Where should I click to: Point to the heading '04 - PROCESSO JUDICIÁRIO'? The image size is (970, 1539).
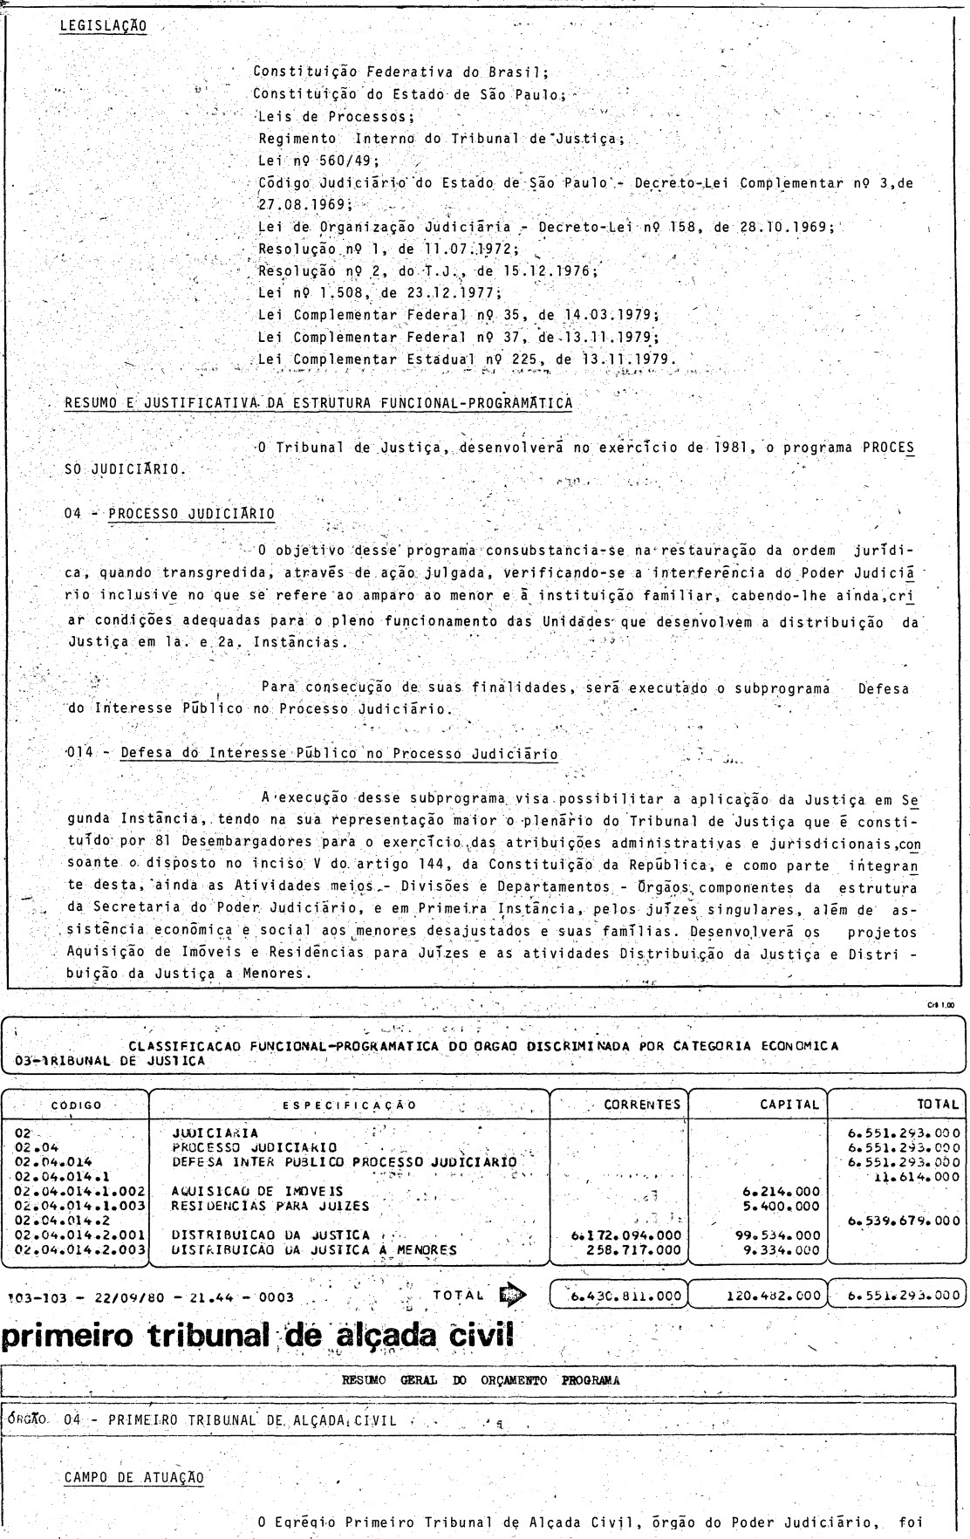click(x=169, y=514)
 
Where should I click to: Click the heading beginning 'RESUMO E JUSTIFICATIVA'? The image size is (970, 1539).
click(x=318, y=402)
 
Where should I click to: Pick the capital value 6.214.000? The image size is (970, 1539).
click(x=780, y=1190)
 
